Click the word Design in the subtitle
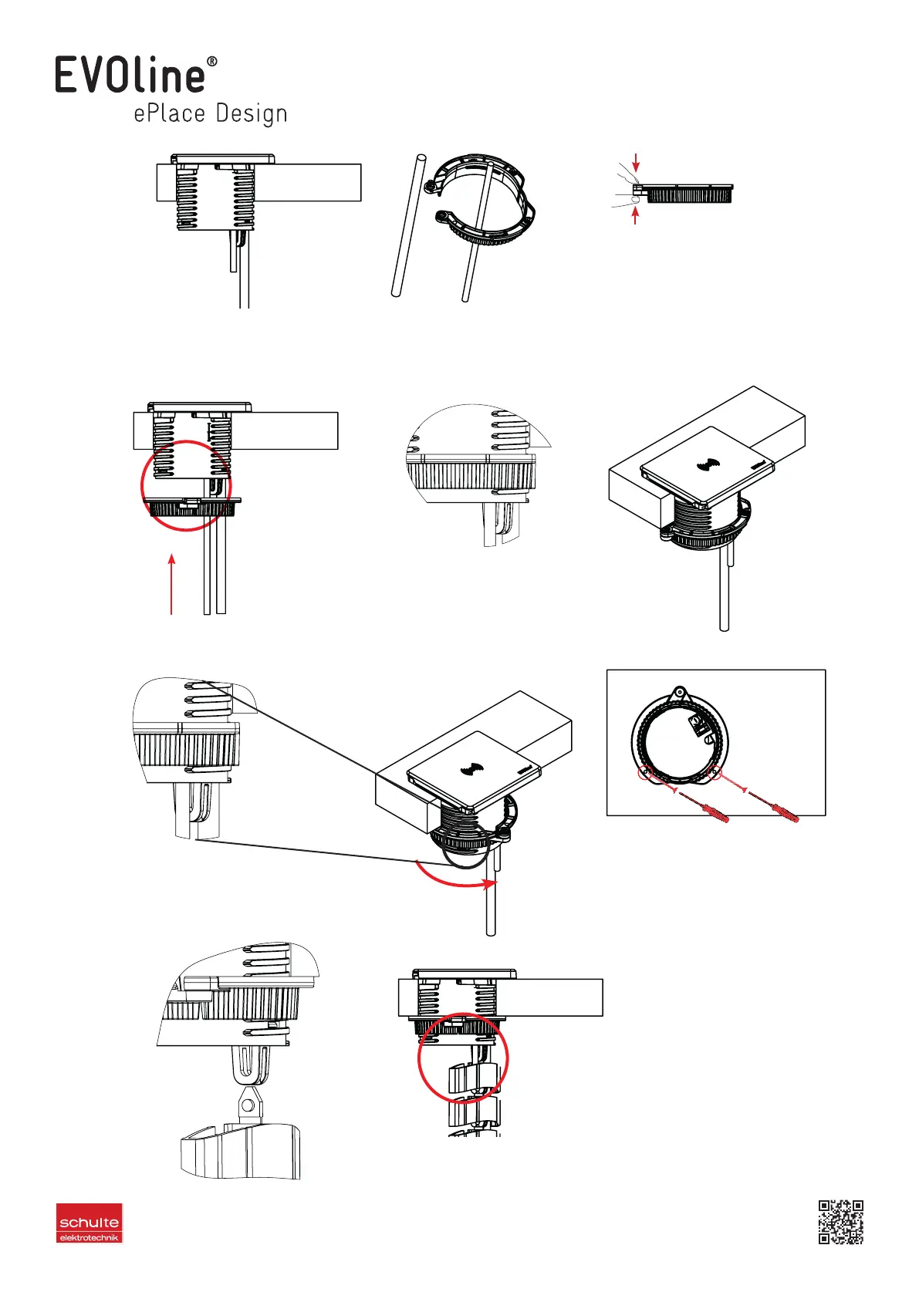(252, 114)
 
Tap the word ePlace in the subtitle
(170, 113)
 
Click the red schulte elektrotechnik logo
(90, 1223)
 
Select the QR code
(840, 1221)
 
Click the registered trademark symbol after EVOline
(212, 62)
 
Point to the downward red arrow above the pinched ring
(636, 162)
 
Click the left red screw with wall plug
(704, 805)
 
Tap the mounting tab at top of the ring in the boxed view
(679, 692)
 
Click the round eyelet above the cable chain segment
(248, 1106)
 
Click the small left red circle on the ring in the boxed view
(644, 773)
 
